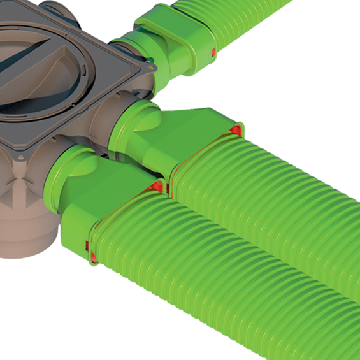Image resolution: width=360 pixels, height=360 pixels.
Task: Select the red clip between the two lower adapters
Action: pyautogui.click(x=158, y=185)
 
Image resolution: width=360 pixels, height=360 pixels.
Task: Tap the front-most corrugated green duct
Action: pyautogui.click(x=210, y=274)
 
